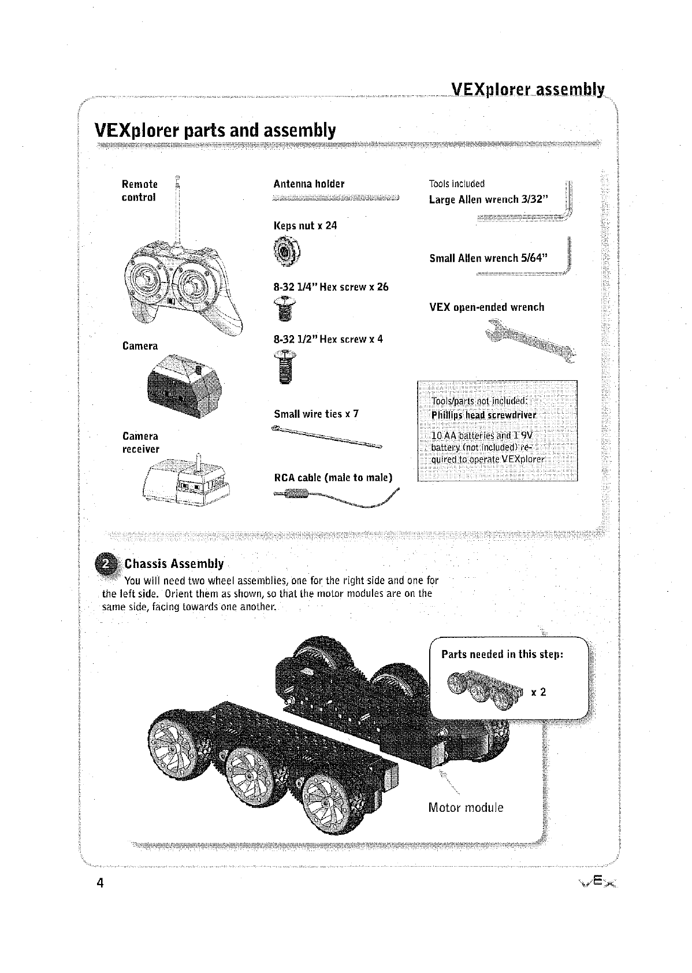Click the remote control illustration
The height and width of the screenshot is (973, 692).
coord(179,286)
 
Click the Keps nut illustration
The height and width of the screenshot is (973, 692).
coord(285,252)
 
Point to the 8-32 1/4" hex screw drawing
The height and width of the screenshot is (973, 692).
coord(283,309)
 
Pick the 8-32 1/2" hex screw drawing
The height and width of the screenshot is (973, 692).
coord(284,366)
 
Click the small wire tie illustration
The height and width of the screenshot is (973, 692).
coord(326,437)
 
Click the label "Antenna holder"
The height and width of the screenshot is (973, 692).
coord(308,184)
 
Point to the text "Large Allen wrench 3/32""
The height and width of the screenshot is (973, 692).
coord(492,200)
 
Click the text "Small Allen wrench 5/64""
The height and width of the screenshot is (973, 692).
coord(489,258)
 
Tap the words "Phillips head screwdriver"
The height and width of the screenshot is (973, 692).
coord(484,415)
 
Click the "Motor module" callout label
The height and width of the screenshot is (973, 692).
coord(466,808)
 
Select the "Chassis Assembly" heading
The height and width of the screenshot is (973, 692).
coord(174,563)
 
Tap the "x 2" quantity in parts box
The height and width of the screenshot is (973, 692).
coord(538,692)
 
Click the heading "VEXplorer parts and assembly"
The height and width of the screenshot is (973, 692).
coord(214,131)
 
